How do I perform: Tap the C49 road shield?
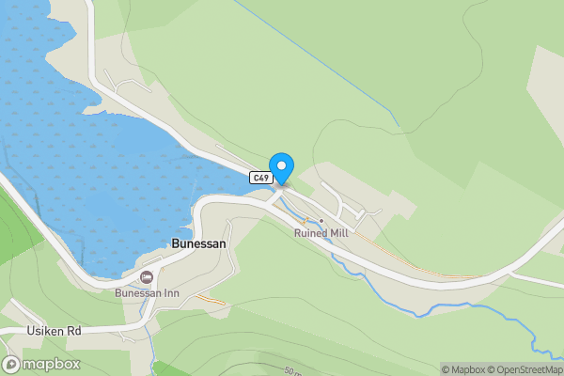[x=261, y=177]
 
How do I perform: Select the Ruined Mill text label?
[x=321, y=232]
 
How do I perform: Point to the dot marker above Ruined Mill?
[x=321, y=221]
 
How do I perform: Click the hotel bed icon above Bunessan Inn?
[x=147, y=276]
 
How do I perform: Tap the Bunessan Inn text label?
[x=147, y=292]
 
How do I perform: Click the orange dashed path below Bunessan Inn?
[x=211, y=300]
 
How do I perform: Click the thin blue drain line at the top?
[x=320, y=66]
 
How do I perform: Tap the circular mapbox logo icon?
[x=12, y=365]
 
